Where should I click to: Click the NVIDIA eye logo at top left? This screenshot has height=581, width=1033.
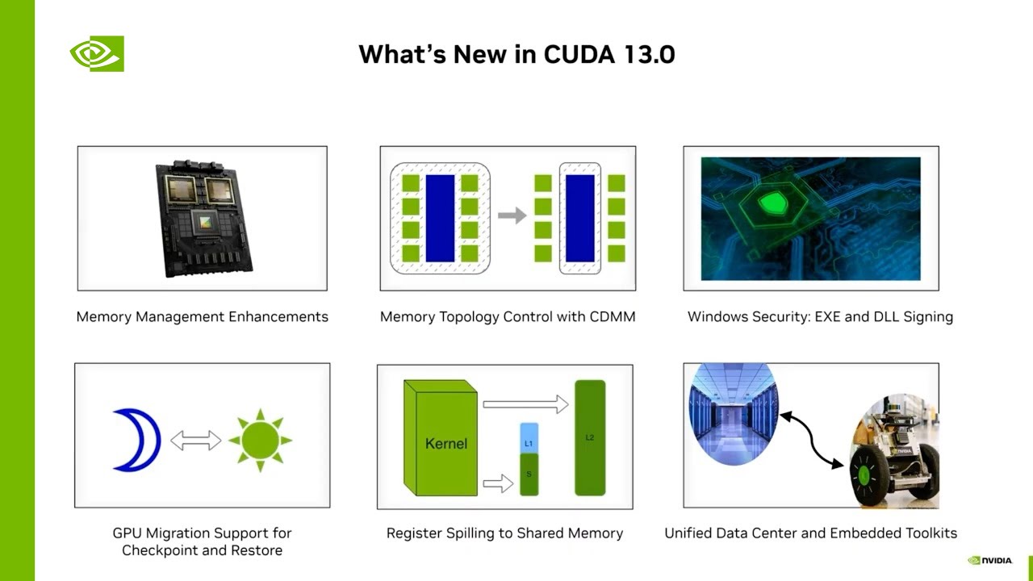click(96, 54)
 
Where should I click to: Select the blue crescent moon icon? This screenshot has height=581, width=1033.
click(137, 440)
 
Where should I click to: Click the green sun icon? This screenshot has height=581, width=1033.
click(260, 441)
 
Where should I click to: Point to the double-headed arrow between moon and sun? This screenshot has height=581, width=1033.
click(195, 441)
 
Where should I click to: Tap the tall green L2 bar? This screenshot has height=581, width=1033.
click(589, 437)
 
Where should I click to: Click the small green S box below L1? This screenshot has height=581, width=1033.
click(529, 474)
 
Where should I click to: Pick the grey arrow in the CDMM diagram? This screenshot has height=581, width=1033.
click(512, 215)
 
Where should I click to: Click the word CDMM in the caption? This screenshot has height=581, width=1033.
click(611, 316)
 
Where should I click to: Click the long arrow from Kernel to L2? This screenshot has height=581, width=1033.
click(525, 403)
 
